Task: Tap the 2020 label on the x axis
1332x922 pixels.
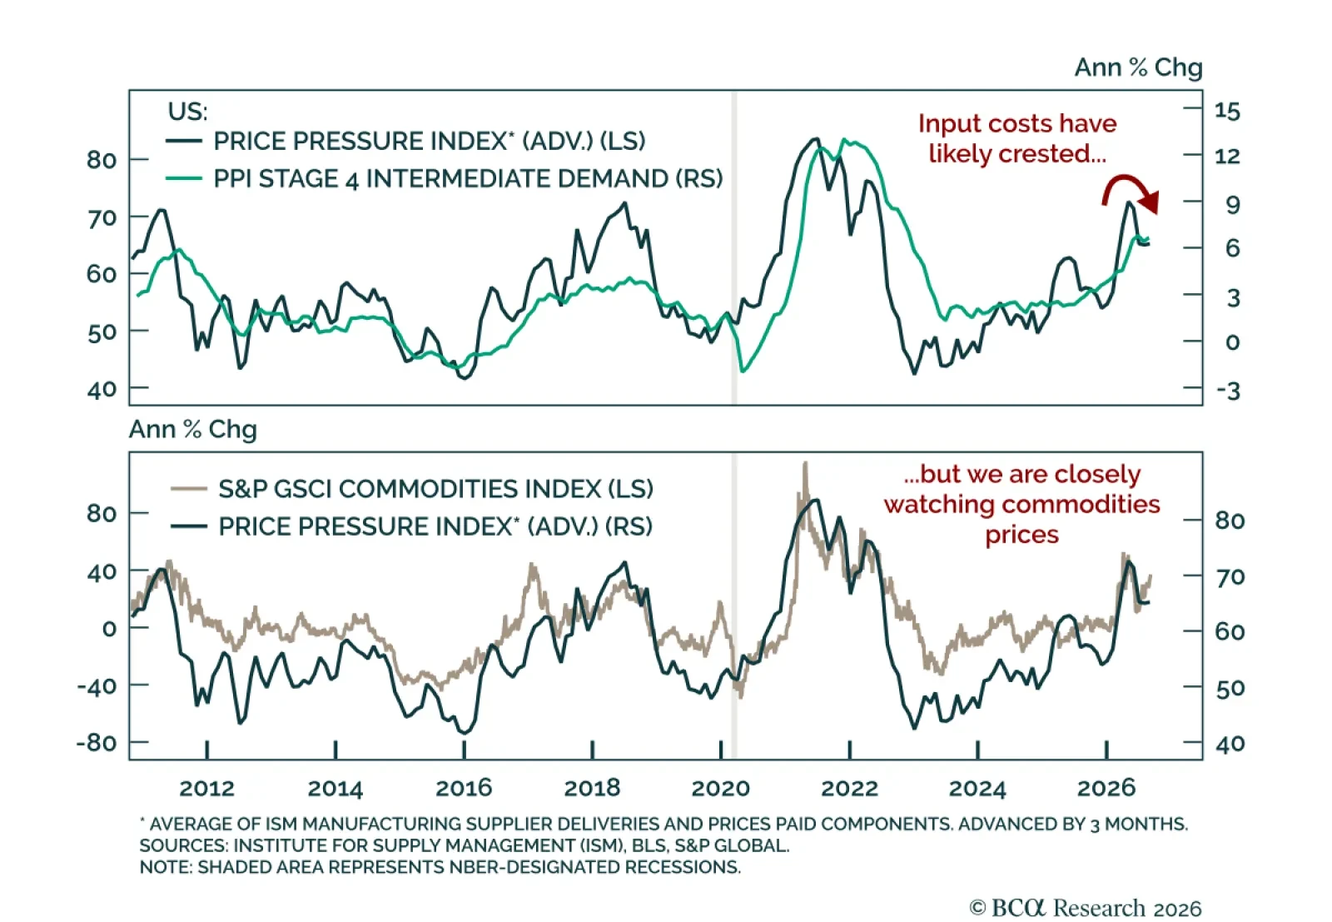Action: pyautogui.click(x=721, y=788)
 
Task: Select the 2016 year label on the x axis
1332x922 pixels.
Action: pyautogui.click(x=464, y=788)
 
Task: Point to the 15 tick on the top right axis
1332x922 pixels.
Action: pyautogui.click(x=1227, y=112)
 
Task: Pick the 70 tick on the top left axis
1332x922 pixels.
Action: pyautogui.click(x=102, y=217)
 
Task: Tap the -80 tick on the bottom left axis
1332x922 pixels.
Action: pyautogui.click(x=97, y=743)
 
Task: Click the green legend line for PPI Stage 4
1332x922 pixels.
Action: pyautogui.click(x=184, y=178)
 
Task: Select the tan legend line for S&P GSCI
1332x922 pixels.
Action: pyautogui.click(x=188, y=489)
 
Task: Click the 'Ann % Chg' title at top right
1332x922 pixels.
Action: pyautogui.click(x=1138, y=67)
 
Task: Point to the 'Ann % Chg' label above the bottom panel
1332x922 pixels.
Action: pyautogui.click(x=192, y=430)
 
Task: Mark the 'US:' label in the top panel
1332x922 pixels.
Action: pyautogui.click(x=188, y=112)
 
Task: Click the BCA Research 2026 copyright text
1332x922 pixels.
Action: pyautogui.click(x=1086, y=908)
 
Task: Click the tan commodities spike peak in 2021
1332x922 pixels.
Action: pyautogui.click(x=806, y=463)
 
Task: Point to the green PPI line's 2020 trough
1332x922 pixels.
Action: pyautogui.click(x=743, y=371)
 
